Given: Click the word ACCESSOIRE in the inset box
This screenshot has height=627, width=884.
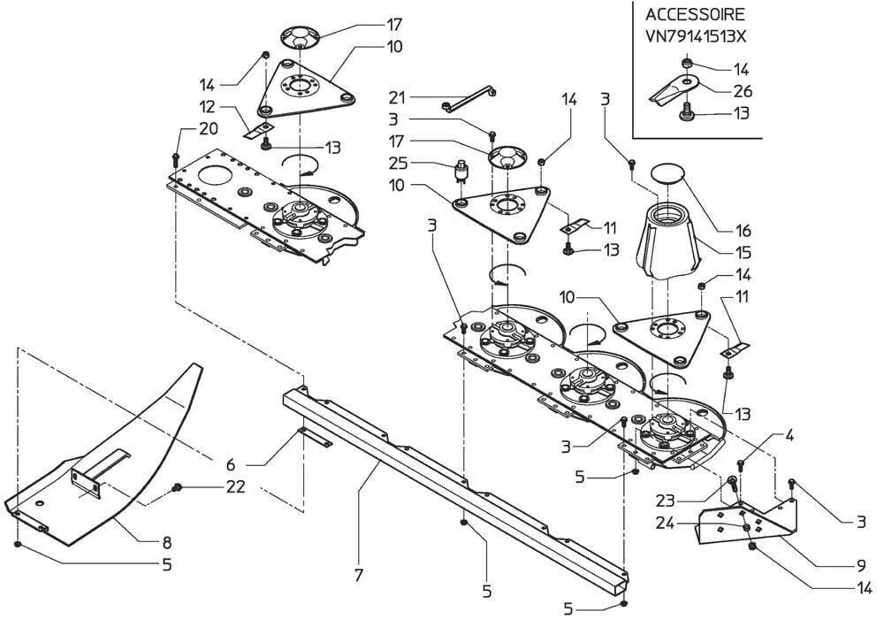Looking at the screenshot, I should pos(696,14).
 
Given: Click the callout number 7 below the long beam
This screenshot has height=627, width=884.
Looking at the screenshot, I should pos(359,576).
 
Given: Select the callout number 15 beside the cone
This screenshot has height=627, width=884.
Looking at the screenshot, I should pos(743,252).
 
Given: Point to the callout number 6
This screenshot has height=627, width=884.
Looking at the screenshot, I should pos(232,464).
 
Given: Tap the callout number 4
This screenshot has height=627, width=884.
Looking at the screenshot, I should pos(789,435).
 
